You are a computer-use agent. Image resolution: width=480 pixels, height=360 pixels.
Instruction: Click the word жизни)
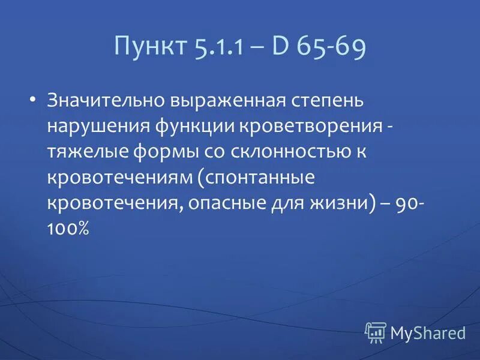(x=341, y=204)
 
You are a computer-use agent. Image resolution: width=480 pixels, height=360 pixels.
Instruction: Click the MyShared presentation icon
(x=375, y=331)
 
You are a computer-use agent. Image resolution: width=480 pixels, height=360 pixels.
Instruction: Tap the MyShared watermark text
(x=428, y=332)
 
